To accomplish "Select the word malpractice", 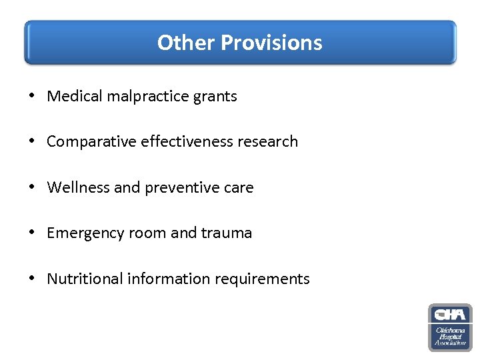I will pos(137,96).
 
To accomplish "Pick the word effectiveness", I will pos(183,141).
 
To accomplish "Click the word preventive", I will pos(180,187).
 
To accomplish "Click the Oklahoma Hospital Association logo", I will pos(450,327).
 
